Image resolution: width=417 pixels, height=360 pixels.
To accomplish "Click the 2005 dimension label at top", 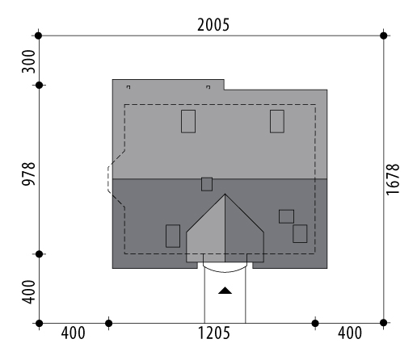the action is pos(213,25).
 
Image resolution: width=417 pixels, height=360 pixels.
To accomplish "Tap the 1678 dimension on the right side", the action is pos(393,179).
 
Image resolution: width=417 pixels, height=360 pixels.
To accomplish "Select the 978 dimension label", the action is pos(28,174).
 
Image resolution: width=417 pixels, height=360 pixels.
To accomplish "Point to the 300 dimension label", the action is pos(28,61).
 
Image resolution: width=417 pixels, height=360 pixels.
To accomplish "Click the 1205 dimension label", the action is pos(214,333).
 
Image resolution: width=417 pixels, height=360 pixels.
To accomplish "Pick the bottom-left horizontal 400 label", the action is pos(73,333).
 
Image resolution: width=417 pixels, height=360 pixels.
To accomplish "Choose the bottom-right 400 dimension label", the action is pos(350,333).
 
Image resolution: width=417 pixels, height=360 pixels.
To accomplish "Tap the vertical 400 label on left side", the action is pos(28,292).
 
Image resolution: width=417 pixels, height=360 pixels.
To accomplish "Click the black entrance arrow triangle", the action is pos(225,291).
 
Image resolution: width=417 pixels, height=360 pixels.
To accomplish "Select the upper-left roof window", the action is pos(188,121).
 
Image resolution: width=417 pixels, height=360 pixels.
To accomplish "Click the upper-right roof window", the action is pos(277,121).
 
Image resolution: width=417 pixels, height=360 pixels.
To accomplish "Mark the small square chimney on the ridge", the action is pos(207,184).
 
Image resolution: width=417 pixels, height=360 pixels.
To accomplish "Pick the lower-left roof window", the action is pos(173,236).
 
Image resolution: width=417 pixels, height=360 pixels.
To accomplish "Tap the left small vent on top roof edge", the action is pos(128,87).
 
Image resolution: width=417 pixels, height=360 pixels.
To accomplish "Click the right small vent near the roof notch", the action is pos(208,87).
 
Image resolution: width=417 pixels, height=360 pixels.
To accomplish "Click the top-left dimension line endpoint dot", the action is pos(39,36).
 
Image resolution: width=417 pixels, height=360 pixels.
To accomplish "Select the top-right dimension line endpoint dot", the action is pos(384,36).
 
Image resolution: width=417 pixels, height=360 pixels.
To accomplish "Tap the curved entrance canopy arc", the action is pos(225,272).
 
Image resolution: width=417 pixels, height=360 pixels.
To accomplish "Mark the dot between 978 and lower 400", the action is pos(40,254).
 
